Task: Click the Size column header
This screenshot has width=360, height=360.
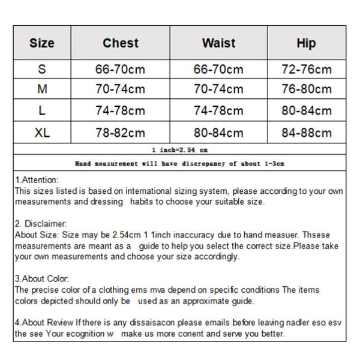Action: point(41,43)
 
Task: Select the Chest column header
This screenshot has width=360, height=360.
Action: point(120,43)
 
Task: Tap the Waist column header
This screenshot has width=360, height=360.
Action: point(218,43)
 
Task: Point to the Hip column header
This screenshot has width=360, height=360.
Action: point(306,43)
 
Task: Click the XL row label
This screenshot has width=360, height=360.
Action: point(42,133)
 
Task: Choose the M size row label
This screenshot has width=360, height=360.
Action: point(42,89)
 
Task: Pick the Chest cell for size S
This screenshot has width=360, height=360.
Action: point(120,69)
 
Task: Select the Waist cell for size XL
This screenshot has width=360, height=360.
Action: point(218,133)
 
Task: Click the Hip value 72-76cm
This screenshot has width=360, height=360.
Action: point(306,69)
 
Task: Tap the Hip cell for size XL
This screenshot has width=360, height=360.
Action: point(306,133)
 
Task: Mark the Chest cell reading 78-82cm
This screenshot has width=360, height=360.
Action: point(120,133)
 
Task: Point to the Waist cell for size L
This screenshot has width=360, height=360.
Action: point(218,111)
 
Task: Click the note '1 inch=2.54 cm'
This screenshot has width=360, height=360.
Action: point(180,149)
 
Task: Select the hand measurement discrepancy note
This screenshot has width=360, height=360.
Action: point(180,163)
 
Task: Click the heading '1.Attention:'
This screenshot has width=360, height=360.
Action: point(37,180)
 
